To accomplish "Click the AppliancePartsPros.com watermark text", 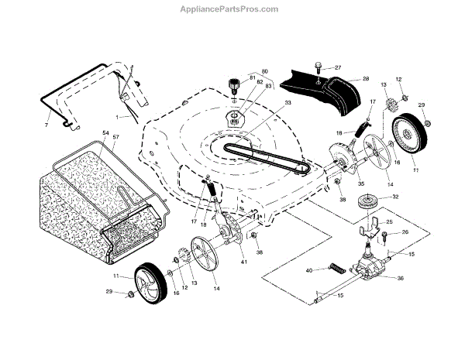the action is pyautogui.click(x=232, y=9).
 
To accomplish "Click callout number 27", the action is pyautogui.click(x=338, y=67).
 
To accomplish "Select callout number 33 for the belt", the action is pyautogui.click(x=267, y=103).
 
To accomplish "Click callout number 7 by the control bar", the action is pyautogui.click(x=46, y=125).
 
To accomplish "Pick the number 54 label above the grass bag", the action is pyautogui.click(x=105, y=134).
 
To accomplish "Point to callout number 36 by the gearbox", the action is pyautogui.click(x=401, y=278).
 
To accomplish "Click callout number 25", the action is pyautogui.click(x=390, y=222).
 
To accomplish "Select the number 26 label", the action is pyautogui.click(x=405, y=232).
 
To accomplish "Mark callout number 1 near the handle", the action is pyautogui.click(x=118, y=117).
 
